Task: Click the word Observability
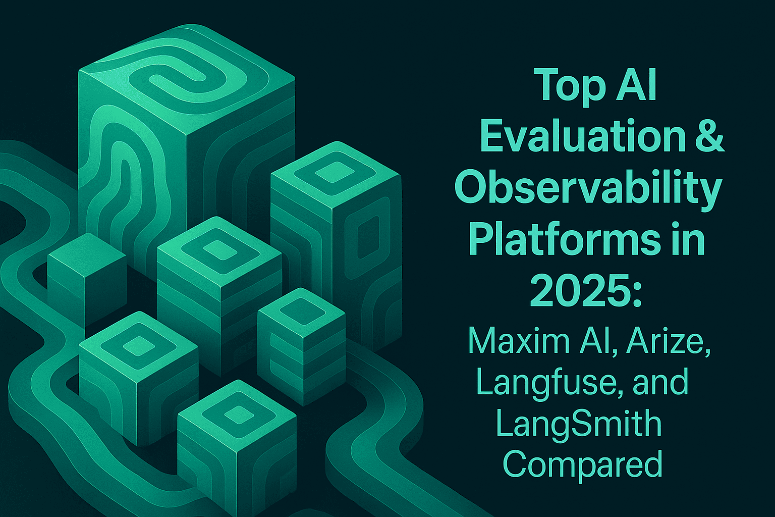click(588, 188)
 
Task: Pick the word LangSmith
click(578, 424)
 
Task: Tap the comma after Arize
click(707, 352)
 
